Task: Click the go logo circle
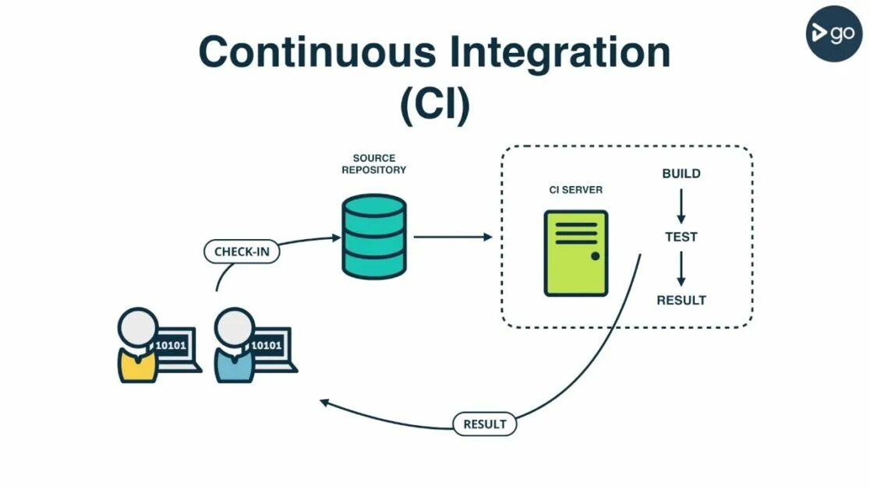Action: [833, 33]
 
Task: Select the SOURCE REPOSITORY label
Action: [374, 164]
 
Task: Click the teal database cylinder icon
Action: [374, 235]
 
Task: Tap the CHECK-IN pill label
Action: [241, 252]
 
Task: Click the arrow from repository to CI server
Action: [452, 236]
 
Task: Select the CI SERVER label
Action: [575, 190]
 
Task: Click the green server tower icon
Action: [575, 253]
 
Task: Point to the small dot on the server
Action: [595, 256]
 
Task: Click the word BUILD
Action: [681, 174]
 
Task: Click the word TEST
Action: [681, 237]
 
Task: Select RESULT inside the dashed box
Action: [681, 301]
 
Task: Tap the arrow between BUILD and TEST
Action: [681, 206]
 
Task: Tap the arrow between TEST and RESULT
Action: [681, 269]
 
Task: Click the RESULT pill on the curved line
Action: [484, 424]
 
